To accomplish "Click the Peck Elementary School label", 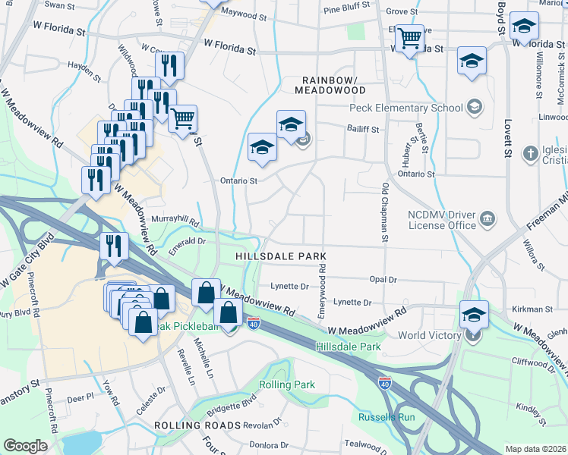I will coord(405,108).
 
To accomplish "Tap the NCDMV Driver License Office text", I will coord(440,219).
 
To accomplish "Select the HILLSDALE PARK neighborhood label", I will coord(280,257).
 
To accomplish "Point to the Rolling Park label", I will coord(286,384).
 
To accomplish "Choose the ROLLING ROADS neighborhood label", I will coord(197,425).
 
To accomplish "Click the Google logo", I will coord(25,446).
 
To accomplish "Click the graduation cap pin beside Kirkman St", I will coord(473,313).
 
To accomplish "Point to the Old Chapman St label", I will coord(385,212).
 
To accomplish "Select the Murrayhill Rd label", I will coord(175,221).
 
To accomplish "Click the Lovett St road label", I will coord(506,133).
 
